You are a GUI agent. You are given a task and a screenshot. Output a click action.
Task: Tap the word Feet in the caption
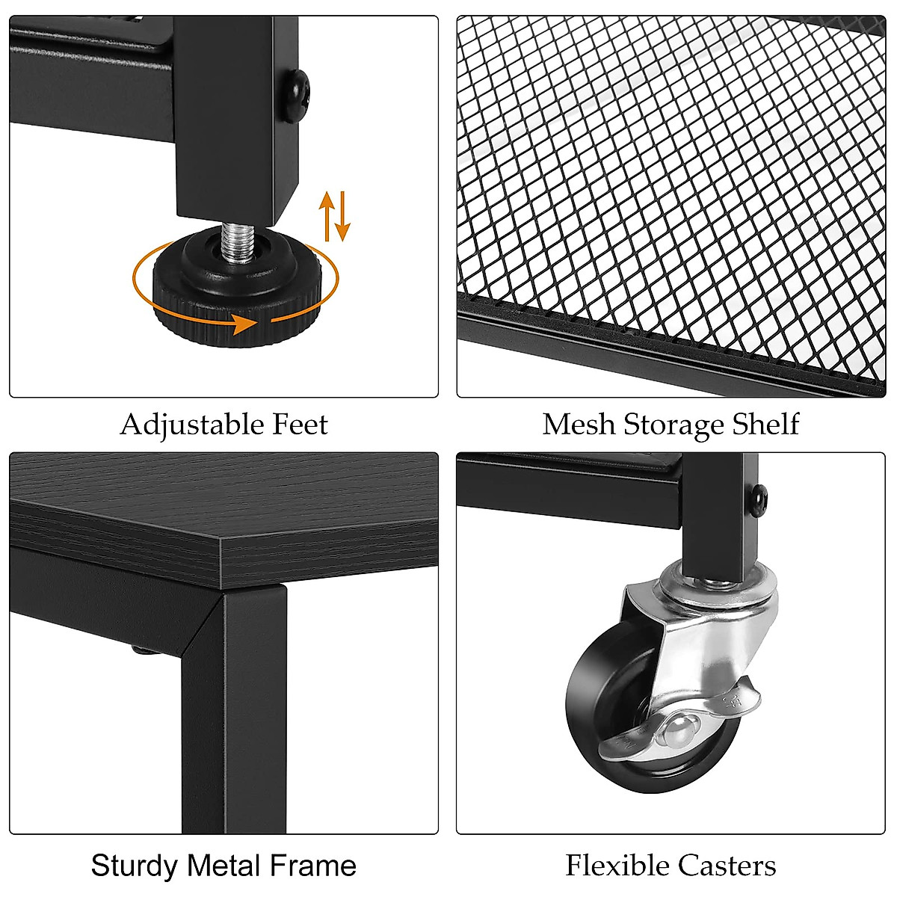click(300, 424)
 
